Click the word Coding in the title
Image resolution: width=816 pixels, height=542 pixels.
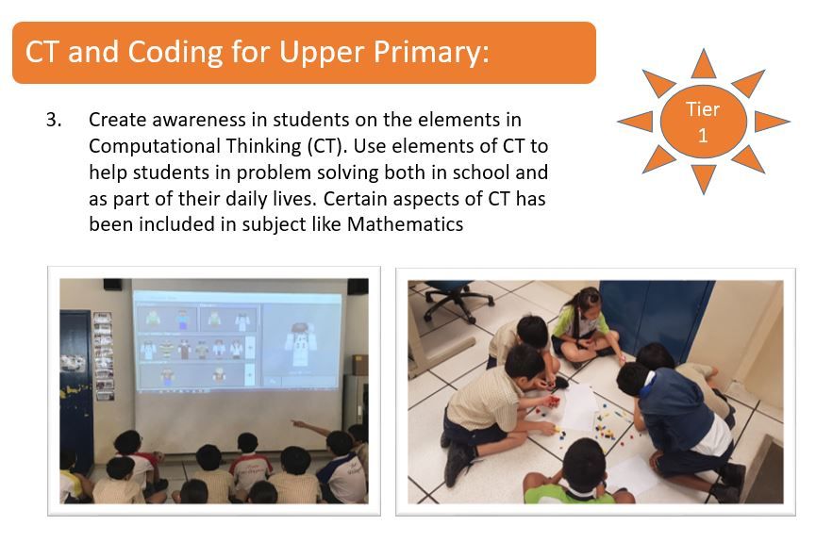tap(175, 53)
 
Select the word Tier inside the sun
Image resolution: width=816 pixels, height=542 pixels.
tap(703, 109)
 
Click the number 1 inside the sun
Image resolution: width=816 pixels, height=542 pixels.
tap(703, 136)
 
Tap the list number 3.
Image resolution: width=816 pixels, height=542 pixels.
tap(54, 120)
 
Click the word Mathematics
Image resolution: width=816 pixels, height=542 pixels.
tap(405, 224)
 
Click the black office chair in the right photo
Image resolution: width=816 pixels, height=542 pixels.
tap(453, 298)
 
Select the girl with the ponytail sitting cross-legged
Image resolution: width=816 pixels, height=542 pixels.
tap(586, 327)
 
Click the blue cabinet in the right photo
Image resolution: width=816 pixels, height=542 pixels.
tap(656, 318)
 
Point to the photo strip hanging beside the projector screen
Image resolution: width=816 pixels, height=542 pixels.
tap(104, 355)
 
